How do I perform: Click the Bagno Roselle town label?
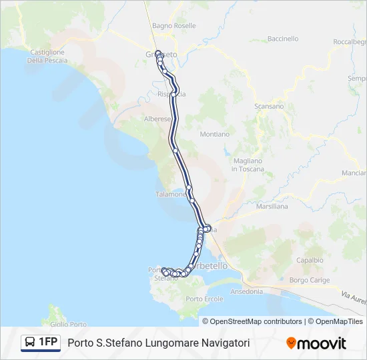click(173, 25)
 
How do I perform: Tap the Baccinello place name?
click(282, 39)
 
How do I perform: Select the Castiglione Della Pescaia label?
click(46, 56)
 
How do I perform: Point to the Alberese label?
click(157, 119)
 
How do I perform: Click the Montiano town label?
click(214, 134)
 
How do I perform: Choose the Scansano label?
click(269, 106)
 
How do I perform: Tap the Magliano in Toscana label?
click(248, 165)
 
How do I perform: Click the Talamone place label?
click(170, 194)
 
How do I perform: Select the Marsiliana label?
click(272, 207)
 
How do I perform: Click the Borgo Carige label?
click(310, 280)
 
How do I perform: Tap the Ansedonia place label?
click(246, 291)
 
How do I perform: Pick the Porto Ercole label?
click(204, 298)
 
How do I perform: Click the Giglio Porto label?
click(69, 325)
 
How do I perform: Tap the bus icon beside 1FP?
click(31, 343)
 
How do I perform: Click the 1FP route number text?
click(48, 343)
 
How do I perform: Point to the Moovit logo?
click(316, 343)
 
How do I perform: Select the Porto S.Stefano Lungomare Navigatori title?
click(159, 343)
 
